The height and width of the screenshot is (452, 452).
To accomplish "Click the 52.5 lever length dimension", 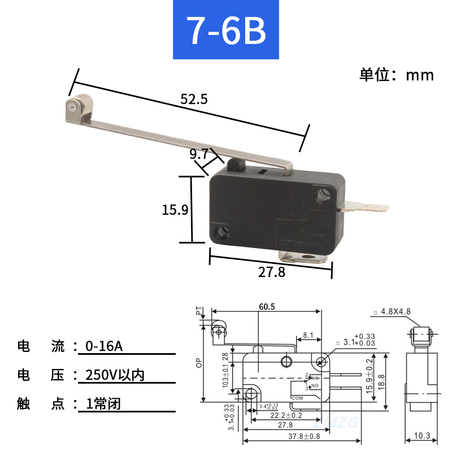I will [194, 99].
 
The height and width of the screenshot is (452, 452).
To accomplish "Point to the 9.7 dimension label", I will [199, 154].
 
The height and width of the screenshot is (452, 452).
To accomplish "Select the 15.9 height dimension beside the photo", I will [175, 210].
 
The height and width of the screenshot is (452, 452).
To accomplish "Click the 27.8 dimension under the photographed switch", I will [272, 272].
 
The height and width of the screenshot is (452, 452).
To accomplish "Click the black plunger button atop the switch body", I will [236, 165].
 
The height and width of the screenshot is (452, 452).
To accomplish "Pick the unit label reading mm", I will [420, 75].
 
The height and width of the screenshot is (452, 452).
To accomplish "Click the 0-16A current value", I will [103, 346].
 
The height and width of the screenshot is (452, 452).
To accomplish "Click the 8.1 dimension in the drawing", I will [308, 335].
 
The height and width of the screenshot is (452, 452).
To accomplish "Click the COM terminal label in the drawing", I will [298, 398].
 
